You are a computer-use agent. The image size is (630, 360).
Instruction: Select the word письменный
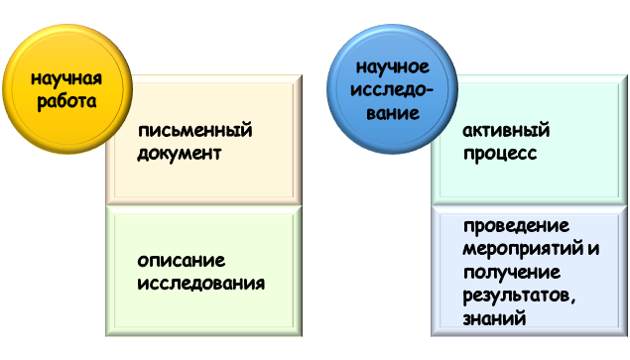(195, 130)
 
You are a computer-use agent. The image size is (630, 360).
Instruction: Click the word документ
(180, 154)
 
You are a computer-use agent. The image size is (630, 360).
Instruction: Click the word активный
(506, 130)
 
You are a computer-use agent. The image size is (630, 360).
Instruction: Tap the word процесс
(499, 154)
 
